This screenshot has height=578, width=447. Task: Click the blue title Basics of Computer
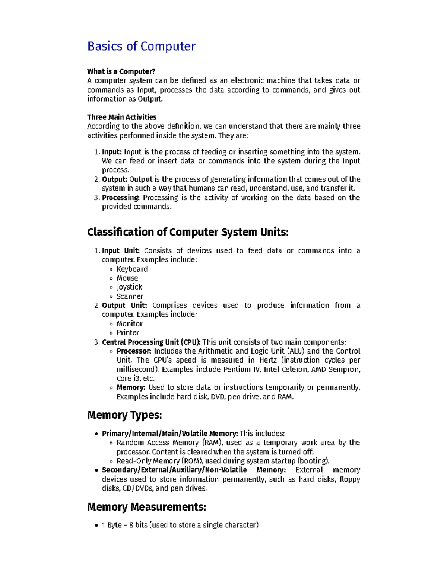click(x=141, y=46)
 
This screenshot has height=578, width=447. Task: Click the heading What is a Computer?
click(x=121, y=71)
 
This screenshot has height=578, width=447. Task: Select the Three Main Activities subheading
click(x=121, y=117)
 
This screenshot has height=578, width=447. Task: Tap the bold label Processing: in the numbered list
click(x=121, y=198)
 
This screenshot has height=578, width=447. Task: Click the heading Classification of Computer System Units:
click(x=188, y=232)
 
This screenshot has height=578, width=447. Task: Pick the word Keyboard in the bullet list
click(x=132, y=269)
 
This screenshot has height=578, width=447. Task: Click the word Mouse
click(x=127, y=278)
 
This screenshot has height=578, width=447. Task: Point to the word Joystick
click(x=129, y=287)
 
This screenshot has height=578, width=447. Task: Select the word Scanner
click(x=130, y=297)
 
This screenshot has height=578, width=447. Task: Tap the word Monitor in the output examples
click(x=129, y=324)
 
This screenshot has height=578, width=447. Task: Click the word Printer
click(x=127, y=333)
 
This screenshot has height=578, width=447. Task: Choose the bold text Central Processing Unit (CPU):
click(x=151, y=342)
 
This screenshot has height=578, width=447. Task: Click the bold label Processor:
click(x=134, y=351)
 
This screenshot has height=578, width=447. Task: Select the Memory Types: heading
click(x=124, y=415)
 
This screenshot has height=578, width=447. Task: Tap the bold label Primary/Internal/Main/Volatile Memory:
click(x=170, y=434)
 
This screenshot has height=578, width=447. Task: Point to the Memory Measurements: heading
click(x=146, y=507)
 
